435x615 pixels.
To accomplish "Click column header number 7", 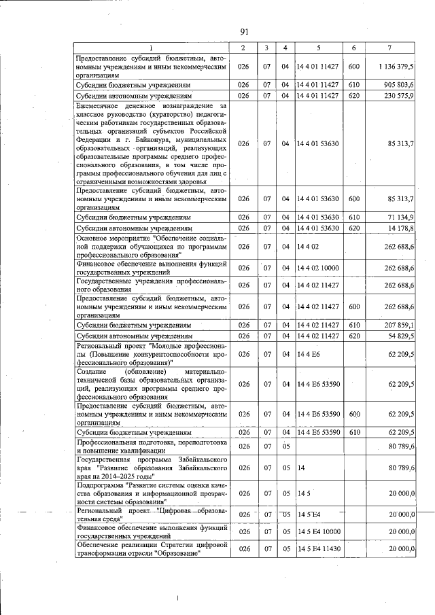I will pyautogui.click(x=388, y=48).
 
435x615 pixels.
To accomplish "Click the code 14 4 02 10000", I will pyautogui.click(x=318, y=268).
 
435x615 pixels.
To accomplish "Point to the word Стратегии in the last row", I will pyautogui.click(x=172, y=545).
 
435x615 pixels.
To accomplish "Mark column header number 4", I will pyautogui.click(x=285, y=48).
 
